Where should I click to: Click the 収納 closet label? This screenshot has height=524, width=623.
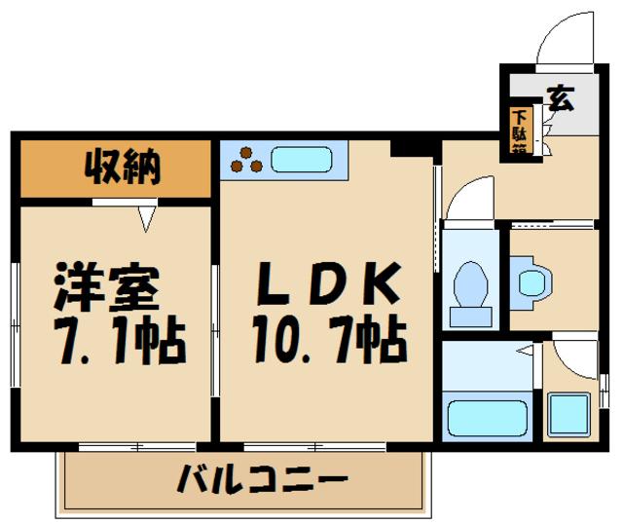pyautogui.click(x=117, y=168)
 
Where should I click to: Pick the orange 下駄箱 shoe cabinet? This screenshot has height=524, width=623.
pyautogui.click(x=521, y=131)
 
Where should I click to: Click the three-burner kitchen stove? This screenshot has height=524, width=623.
pyautogui.click(x=246, y=161)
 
